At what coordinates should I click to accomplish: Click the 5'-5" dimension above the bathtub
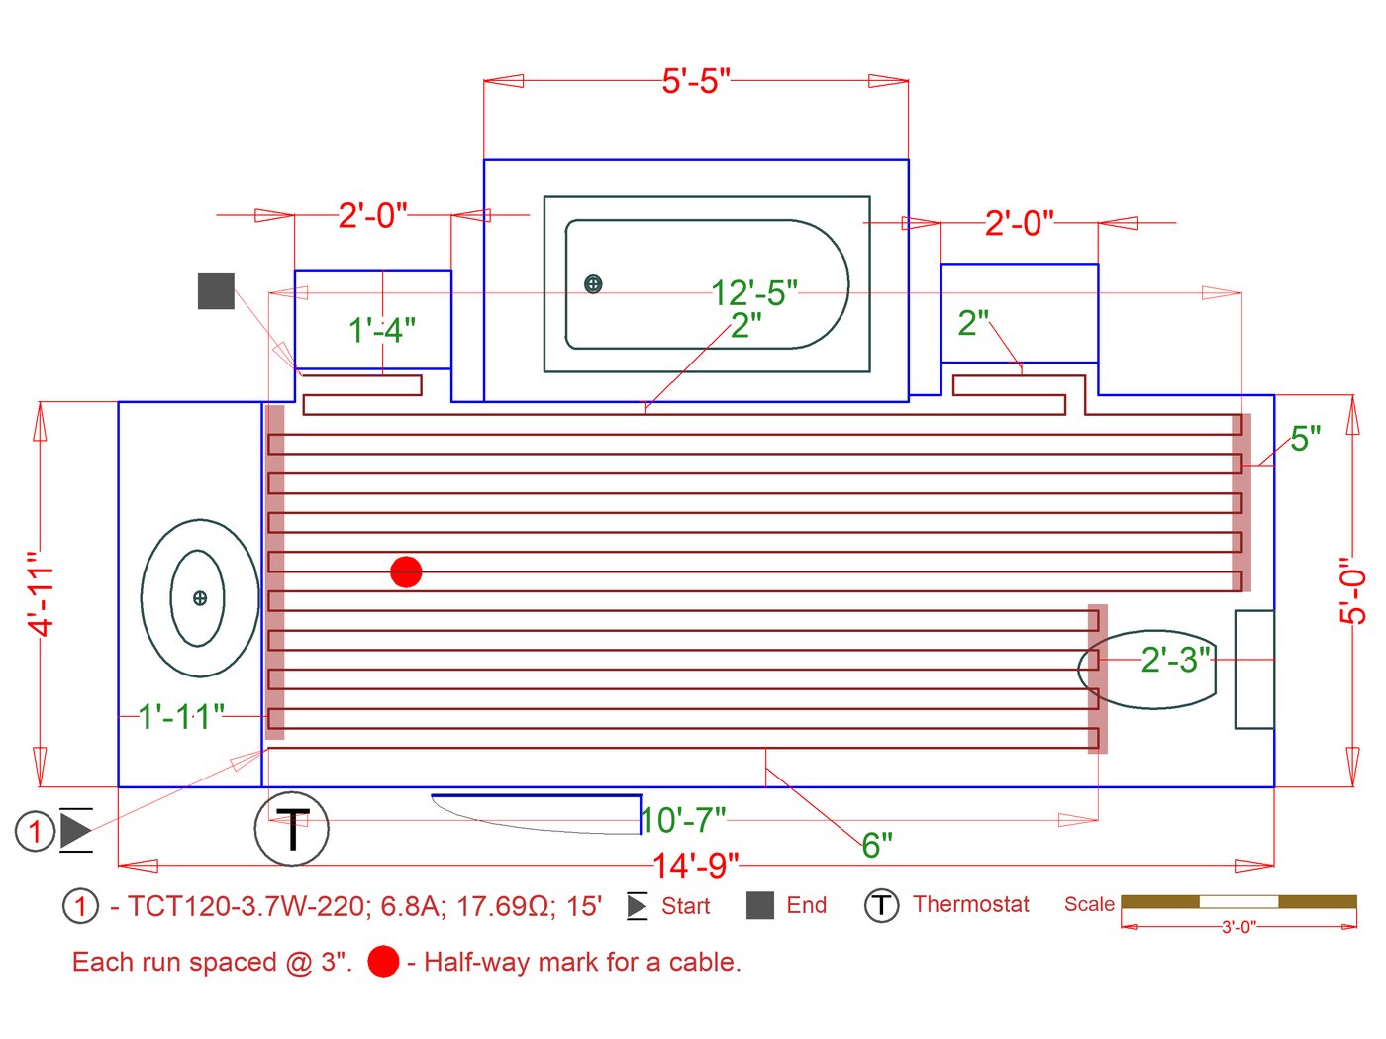695,81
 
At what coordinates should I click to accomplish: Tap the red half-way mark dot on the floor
406,571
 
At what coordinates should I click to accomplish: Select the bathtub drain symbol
593,284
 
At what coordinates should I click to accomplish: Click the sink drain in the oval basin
200,598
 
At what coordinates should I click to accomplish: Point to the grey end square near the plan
216,291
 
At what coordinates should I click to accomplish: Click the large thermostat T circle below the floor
292,828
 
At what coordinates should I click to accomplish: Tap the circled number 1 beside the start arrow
35,830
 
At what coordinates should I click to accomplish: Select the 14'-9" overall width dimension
695,866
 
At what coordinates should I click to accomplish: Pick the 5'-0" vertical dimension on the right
1352,590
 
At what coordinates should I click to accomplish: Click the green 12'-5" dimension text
753,293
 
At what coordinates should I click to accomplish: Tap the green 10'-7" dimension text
683,820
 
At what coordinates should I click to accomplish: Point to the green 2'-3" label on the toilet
1175,660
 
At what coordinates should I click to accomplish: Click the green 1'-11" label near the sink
181,716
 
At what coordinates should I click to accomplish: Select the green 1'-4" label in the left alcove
381,330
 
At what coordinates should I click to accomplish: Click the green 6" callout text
876,845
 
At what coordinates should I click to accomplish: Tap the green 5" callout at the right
1305,438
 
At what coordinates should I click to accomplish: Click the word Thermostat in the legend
970,904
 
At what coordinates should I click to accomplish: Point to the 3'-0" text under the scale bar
1237,927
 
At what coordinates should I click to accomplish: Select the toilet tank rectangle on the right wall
1254,670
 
